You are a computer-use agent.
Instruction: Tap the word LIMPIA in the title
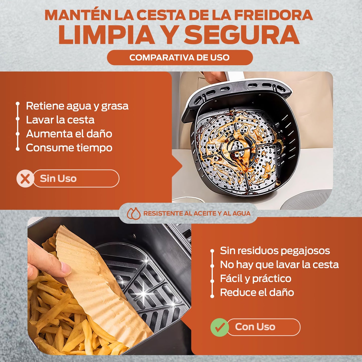pyautogui.click(x=106, y=35)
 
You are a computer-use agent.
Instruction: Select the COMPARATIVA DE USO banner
pyautogui.click(x=180, y=57)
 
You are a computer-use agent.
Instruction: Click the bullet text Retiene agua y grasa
pyautogui.click(x=77, y=106)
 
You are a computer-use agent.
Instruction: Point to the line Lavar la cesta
pyautogui.click(x=60, y=120)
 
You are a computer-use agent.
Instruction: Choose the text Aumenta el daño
pyautogui.click(x=69, y=134)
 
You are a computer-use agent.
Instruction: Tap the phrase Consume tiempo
pyautogui.click(x=69, y=148)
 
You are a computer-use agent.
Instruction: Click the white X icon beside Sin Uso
pyautogui.click(x=25, y=178)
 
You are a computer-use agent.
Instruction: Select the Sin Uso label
pyautogui.click(x=58, y=178)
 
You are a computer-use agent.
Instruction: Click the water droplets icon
pyautogui.click(x=134, y=213)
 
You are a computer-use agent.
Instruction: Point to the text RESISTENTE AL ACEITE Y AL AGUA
pyautogui.click(x=197, y=213)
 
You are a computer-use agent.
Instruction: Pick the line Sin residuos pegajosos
pyautogui.click(x=275, y=251)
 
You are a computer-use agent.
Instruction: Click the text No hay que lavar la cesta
pyautogui.click(x=279, y=265)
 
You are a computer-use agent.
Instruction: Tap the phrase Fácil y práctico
pyautogui.click(x=256, y=279)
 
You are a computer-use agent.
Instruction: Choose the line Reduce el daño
pyautogui.click(x=257, y=293)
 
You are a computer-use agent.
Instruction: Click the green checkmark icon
pyautogui.click(x=219, y=327)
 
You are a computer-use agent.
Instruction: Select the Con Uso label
pyautogui.click(x=255, y=327)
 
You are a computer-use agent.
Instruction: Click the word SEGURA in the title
pyautogui.click(x=242, y=35)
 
